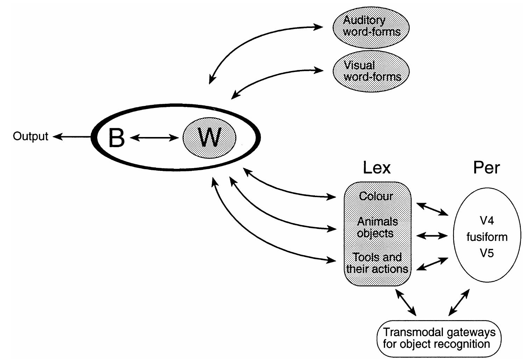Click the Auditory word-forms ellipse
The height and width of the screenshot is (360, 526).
[x=371, y=26]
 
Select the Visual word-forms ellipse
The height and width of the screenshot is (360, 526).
[x=371, y=71]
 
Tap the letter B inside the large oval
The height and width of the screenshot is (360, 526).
[x=116, y=138]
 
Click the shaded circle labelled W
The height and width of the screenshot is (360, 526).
[x=209, y=137]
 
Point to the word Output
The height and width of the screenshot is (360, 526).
[x=30, y=136]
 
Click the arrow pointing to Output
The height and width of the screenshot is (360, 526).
[x=72, y=137]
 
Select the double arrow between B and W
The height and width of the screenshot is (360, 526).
[x=154, y=138]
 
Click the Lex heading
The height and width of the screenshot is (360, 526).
[x=376, y=168]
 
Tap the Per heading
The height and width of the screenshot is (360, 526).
[x=486, y=168]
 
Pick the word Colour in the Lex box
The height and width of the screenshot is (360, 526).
[x=376, y=196]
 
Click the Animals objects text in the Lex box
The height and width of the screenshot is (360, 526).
[x=377, y=227]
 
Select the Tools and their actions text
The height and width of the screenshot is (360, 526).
[x=377, y=263]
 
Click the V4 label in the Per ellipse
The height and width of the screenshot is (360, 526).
[x=486, y=221]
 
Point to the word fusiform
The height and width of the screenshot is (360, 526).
[x=486, y=237]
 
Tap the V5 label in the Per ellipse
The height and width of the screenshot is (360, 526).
[x=486, y=253]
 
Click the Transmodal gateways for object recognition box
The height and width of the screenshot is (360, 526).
[x=439, y=338]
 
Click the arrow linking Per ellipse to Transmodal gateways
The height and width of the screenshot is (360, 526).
[x=459, y=302]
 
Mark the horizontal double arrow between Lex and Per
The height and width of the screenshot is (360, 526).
[x=432, y=236]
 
